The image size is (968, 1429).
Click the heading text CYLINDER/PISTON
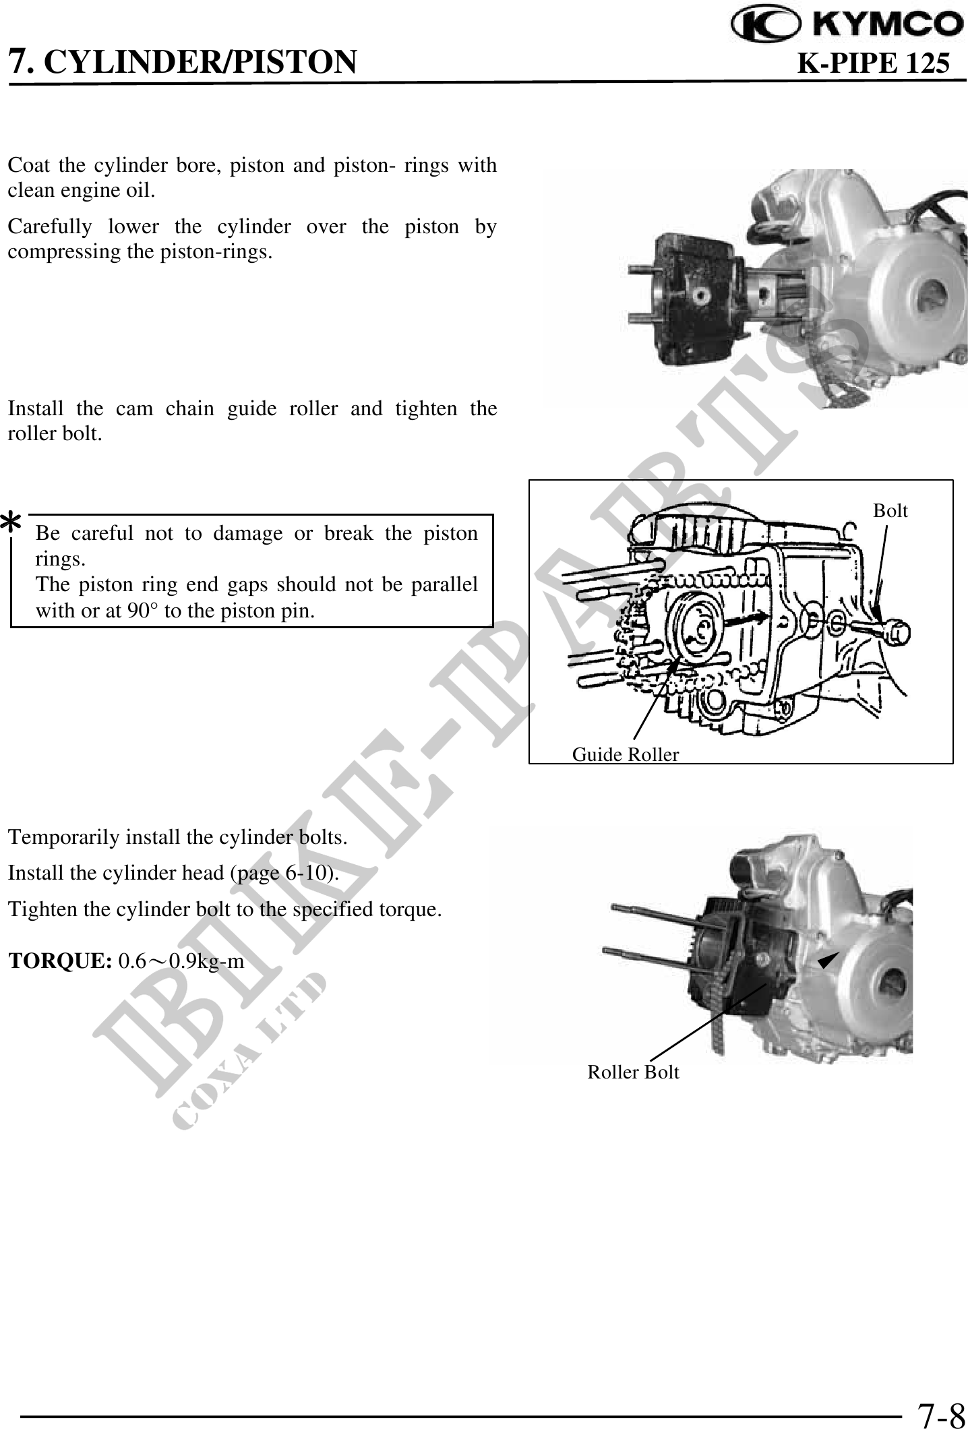point(204,62)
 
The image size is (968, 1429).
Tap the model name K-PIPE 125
point(874,63)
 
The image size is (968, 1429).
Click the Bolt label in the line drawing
point(890,511)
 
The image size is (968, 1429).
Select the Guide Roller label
point(626,754)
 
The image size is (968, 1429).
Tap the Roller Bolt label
point(634,1072)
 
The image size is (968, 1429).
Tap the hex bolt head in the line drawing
point(897,634)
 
